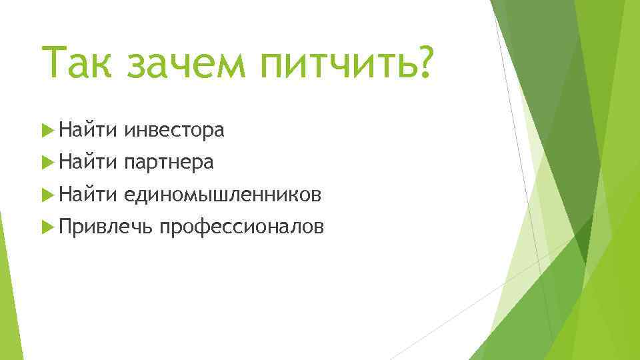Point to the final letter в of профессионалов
[x=320, y=228]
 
